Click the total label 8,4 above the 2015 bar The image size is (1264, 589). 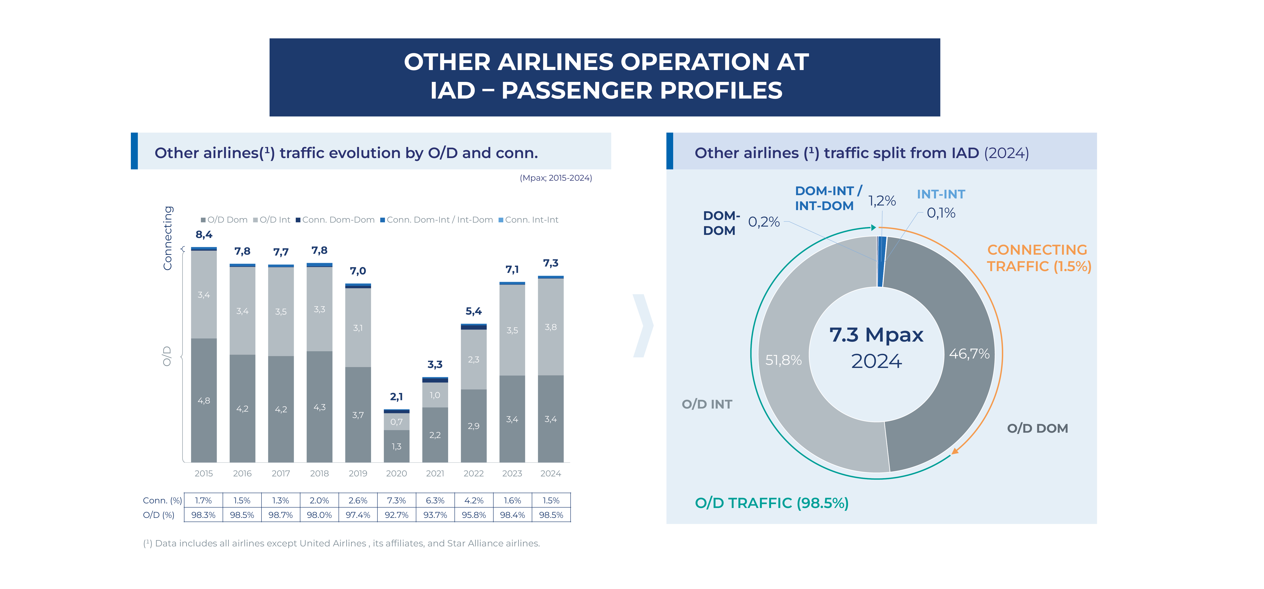coord(204,234)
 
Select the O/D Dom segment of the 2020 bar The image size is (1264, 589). coord(397,446)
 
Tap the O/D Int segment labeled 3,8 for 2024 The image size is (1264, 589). coord(551,327)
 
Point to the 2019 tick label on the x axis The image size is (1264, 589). coord(358,473)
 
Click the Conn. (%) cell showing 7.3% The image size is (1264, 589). coord(397,500)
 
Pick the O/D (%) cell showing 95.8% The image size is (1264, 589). coord(474,515)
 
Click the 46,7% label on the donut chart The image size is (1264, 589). coord(969,354)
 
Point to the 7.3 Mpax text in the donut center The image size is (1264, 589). coord(876,335)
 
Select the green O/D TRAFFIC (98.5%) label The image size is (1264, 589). coord(771,503)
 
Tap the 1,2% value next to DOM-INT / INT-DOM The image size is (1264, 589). coord(882,201)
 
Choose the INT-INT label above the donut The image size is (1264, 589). coord(941,194)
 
